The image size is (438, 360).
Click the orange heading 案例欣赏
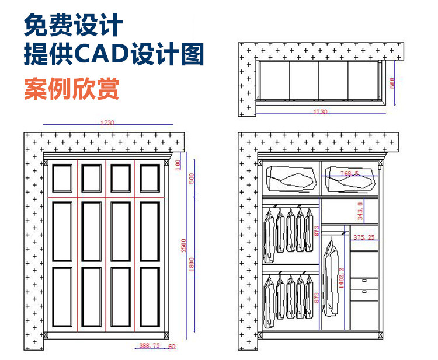[x=71, y=89]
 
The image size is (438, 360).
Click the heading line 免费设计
[x=74, y=26]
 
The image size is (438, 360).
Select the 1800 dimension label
[x=192, y=266]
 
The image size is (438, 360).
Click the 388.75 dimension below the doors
[x=149, y=346]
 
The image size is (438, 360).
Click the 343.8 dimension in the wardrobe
[x=360, y=209]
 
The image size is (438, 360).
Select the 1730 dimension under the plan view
[x=320, y=111]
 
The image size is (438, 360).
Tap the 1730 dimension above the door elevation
[x=107, y=123]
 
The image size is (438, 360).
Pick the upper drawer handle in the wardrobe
[x=364, y=281]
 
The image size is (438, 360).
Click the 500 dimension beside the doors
[x=190, y=179]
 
